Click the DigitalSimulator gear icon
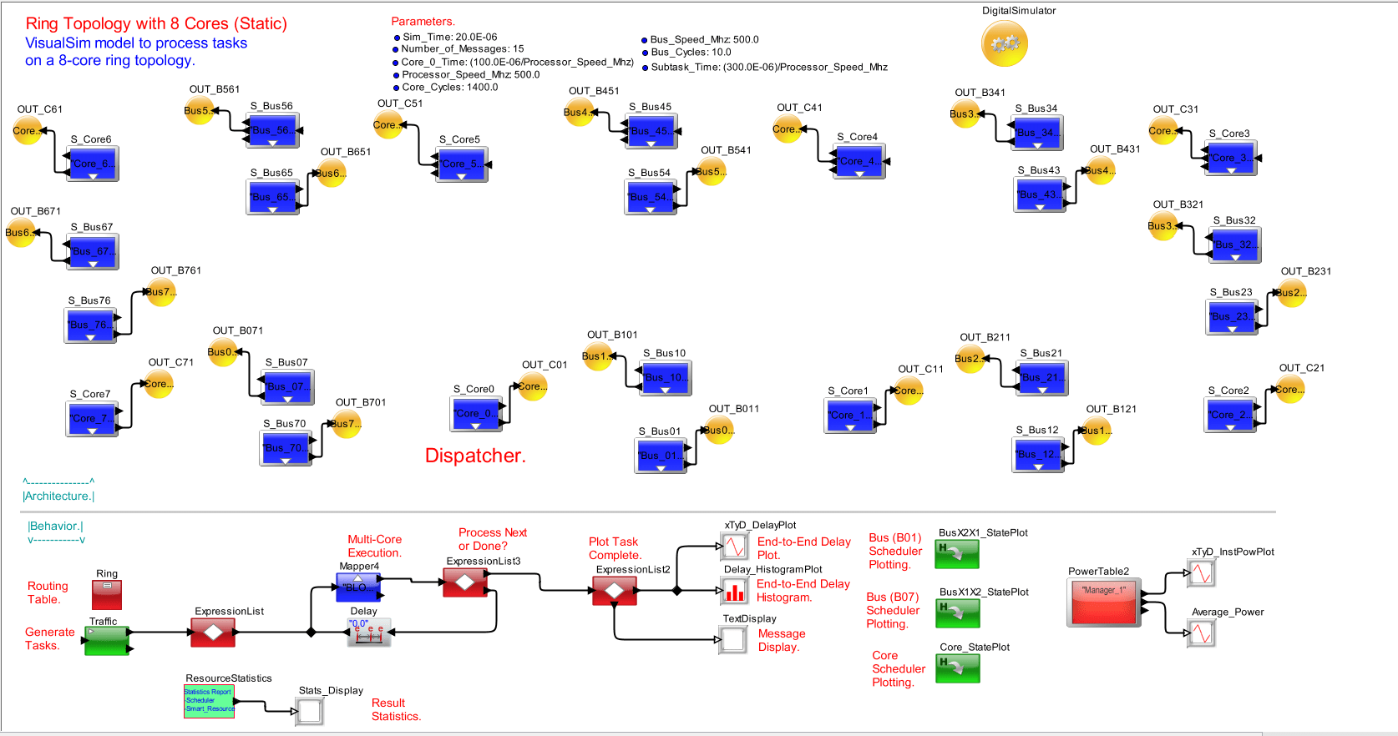1005,43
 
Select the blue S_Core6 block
92,164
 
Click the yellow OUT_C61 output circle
27,130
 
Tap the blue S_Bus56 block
272,130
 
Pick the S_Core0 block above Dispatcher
476,413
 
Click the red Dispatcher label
475,456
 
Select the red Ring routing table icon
107,594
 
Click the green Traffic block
106,641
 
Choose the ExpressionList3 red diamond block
465,582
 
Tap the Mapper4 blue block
359,587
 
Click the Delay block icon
368,632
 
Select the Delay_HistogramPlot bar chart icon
734,591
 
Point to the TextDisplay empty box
733,640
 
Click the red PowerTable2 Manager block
1103,601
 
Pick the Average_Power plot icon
1201,633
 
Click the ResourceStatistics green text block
209,701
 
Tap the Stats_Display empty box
310,711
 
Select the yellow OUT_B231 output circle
1291,293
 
